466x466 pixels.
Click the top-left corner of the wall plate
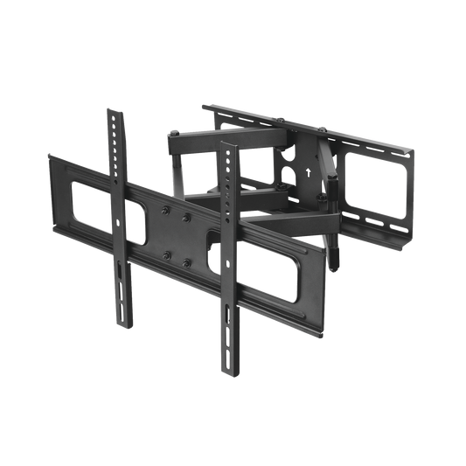coord(202,107)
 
